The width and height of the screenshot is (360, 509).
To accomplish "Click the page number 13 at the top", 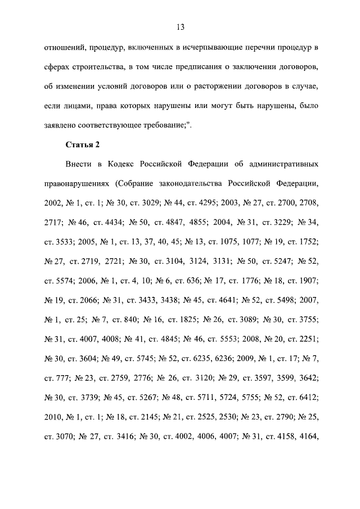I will click(180, 27).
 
